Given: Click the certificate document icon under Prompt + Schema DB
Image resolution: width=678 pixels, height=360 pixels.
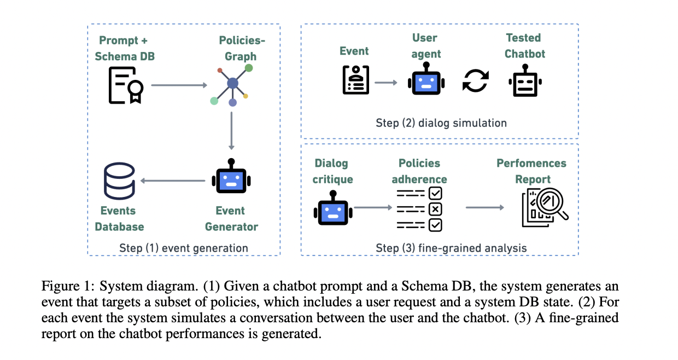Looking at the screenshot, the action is coord(126,85).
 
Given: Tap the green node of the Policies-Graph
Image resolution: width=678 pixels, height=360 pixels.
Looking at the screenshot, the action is coord(249,68).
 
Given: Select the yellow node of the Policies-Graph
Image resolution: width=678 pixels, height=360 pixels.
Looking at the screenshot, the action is coord(246,96).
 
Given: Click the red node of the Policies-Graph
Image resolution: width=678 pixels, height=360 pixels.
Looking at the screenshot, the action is coord(220,71).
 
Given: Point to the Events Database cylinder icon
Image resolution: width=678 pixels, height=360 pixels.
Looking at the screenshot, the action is coord(119,181).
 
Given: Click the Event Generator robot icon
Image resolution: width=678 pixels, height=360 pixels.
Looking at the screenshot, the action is coord(231,176).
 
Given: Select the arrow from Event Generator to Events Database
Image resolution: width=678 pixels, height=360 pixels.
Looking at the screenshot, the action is coord(173,181).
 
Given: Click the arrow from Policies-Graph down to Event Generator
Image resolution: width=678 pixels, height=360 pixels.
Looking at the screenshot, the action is coord(231,131).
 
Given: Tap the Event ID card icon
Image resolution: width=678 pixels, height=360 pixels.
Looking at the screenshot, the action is coord(356,80).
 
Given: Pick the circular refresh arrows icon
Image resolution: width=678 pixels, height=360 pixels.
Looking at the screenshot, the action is coord(476,80).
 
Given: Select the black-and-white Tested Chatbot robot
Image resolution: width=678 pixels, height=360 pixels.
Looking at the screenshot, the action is coord(525,80).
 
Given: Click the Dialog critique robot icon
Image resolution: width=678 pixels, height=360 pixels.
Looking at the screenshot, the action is coord(333,208).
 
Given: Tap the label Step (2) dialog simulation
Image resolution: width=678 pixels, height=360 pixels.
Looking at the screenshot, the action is coord(441,123).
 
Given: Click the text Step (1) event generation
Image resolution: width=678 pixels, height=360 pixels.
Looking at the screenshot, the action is coord(184,248).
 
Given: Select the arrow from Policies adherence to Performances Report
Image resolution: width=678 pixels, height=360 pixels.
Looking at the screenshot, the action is coord(485,207).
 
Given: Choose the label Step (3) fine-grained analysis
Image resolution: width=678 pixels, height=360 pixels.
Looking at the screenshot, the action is coord(451,248).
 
